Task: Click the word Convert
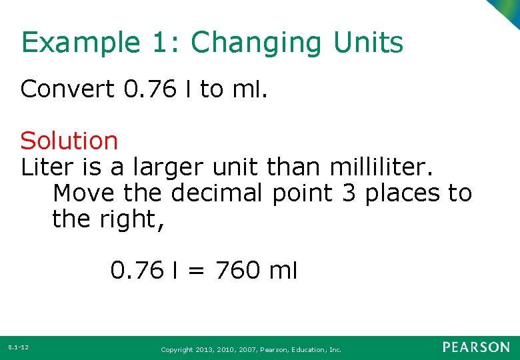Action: point(67,89)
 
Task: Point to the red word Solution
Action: point(69,141)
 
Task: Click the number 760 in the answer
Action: point(237,270)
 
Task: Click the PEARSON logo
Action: point(476,347)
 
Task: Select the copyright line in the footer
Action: point(251,349)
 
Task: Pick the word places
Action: point(401,193)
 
